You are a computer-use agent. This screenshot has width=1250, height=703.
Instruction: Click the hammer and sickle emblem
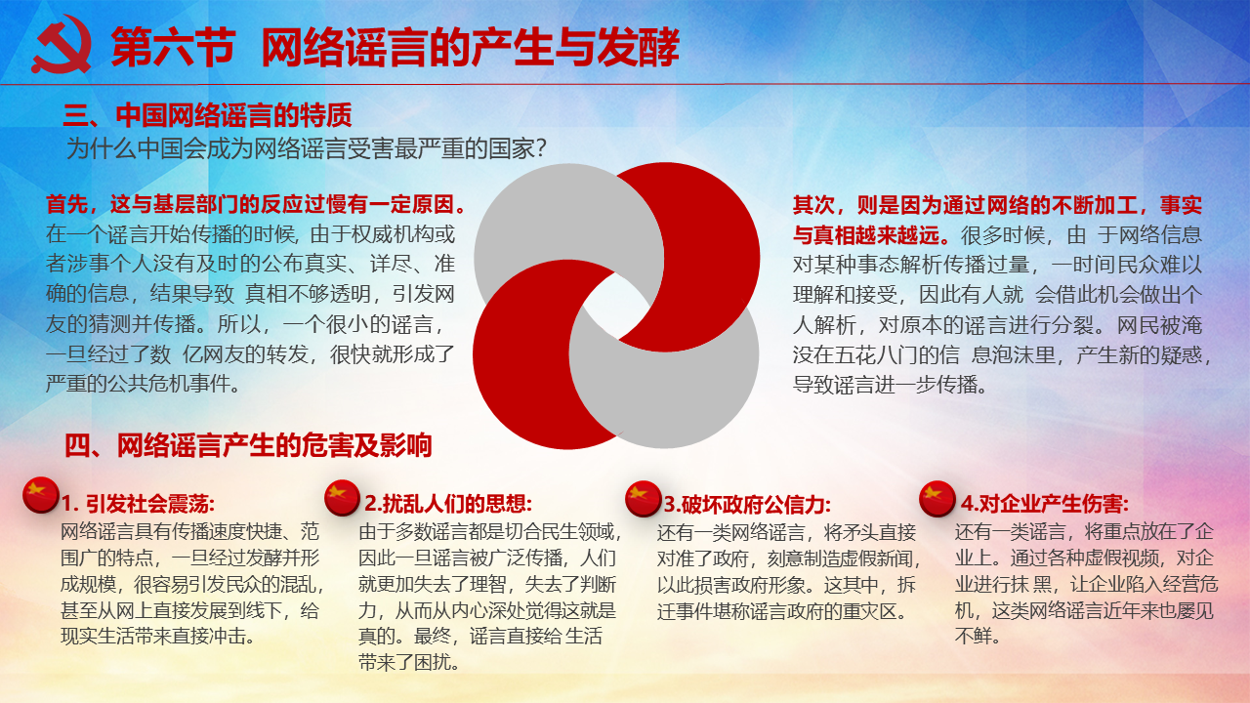click(62, 45)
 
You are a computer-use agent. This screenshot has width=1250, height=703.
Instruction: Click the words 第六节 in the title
click(174, 47)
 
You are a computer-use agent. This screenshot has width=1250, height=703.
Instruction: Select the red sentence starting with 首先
click(256, 204)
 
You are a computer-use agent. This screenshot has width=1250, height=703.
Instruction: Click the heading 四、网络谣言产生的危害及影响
click(248, 445)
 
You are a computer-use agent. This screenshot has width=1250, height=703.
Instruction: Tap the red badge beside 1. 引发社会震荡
click(41, 494)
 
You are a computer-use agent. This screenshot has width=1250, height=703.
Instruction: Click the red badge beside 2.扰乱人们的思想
click(342, 497)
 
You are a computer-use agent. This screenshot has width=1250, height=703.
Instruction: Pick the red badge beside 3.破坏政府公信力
click(643, 498)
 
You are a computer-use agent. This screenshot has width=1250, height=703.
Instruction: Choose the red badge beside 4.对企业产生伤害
click(937, 498)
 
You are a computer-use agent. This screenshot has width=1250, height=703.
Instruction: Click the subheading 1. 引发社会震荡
click(138, 504)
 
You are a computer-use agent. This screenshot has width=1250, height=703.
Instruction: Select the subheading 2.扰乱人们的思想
click(448, 504)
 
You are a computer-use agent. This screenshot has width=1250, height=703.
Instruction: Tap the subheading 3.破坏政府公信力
click(747, 505)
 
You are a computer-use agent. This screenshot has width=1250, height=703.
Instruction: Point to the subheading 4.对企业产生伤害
click(1045, 504)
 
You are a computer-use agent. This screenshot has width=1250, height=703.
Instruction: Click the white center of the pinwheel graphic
click(616, 306)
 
